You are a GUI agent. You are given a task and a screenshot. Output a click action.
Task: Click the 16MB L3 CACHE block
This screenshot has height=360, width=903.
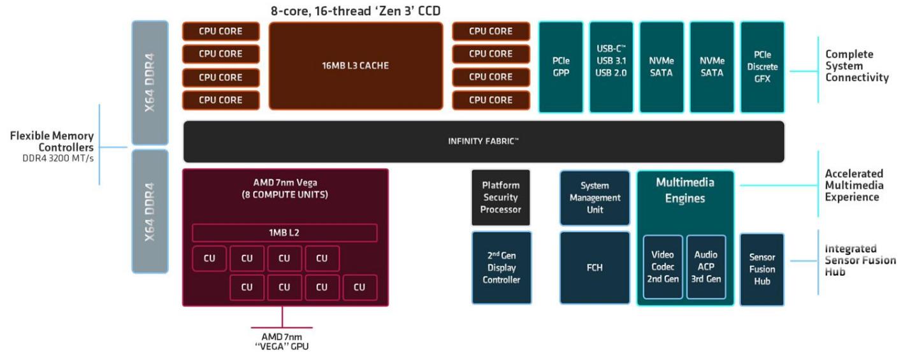coord(356,66)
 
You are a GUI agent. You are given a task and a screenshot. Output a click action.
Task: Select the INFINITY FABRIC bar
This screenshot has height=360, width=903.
coord(484,141)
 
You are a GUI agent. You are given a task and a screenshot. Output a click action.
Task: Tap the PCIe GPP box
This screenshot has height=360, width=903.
coord(561,67)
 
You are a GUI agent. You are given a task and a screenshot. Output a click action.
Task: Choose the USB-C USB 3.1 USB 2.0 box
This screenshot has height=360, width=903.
coord(611,67)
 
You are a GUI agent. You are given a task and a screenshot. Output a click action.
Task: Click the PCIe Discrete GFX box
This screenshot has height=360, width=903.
coord(762,67)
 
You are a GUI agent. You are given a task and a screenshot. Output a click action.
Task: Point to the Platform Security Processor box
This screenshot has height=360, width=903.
coord(500,198)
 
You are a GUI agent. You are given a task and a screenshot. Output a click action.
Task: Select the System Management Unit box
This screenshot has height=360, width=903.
coord(595,198)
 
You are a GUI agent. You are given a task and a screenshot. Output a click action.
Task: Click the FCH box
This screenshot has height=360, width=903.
coord(595,268)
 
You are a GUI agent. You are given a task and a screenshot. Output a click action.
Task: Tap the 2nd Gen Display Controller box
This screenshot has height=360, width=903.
coord(501,268)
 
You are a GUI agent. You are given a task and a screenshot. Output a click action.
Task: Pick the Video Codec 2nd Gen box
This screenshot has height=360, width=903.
coord(662,267)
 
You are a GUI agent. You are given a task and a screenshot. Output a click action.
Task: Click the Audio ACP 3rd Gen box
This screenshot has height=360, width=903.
coord(705,267)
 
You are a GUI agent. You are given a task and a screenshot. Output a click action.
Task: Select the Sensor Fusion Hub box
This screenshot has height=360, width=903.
coord(762,269)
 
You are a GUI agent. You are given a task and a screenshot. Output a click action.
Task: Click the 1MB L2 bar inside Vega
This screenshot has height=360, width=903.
coord(284,233)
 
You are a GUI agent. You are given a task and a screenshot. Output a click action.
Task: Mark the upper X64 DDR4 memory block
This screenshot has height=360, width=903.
coord(150,83)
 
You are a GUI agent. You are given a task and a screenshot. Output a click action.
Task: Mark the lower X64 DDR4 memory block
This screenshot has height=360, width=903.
coord(150,212)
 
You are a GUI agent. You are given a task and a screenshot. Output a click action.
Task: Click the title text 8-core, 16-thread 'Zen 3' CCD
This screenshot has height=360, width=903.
coord(356,11)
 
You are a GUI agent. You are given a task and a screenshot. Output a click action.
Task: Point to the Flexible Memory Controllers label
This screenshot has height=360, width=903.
coord(52,142)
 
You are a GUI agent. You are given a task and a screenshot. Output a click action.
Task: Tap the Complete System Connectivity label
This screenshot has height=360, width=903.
coord(856,66)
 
